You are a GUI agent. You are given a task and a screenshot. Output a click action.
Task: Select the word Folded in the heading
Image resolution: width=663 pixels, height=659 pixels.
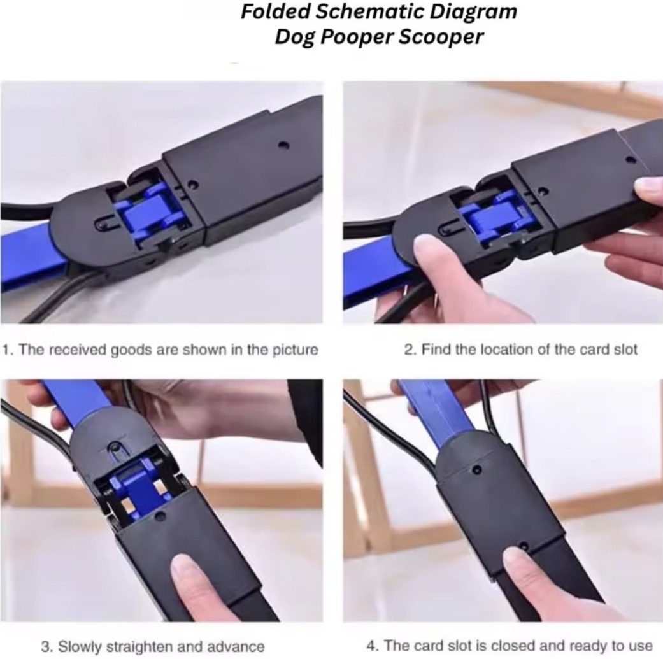(275, 11)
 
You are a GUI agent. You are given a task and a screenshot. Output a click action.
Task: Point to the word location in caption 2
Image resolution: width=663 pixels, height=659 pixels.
(481, 350)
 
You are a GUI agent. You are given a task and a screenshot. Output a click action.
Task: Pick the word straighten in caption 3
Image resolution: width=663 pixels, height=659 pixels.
(139, 646)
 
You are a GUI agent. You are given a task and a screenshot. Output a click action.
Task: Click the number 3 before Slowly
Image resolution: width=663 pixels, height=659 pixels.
(46, 646)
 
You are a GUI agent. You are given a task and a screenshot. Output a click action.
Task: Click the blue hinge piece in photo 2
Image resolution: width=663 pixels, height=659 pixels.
(491, 218)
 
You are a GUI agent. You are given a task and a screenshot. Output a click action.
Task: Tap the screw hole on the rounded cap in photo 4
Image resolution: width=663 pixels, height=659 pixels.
(477, 470)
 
